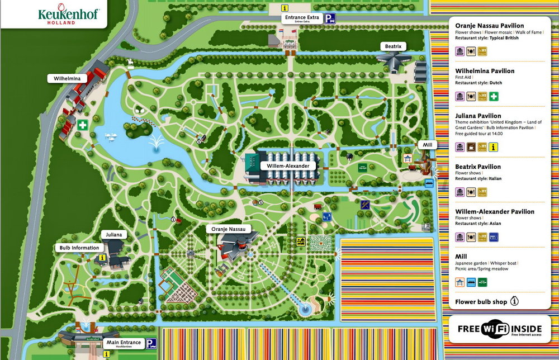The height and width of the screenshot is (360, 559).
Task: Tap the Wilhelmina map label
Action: pyautogui.click(x=67, y=79)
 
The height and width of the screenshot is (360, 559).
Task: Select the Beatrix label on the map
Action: pyautogui.click(x=393, y=46)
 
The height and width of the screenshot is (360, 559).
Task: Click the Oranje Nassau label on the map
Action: pyautogui.click(x=229, y=229)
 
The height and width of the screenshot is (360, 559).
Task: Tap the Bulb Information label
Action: pyautogui.click(x=79, y=248)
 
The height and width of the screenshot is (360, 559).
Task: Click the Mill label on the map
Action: pyautogui.click(x=428, y=145)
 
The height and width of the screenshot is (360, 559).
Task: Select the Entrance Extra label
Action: pyautogui.click(x=301, y=18)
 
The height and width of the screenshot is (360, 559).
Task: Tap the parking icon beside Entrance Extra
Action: pyautogui.click(x=331, y=18)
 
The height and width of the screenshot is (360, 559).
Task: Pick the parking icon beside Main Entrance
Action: pyautogui.click(x=151, y=343)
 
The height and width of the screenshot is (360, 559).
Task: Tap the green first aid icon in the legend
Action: pyautogui.click(x=494, y=96)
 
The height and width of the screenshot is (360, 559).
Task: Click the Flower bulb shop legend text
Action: pyautogui.click(x=481, y=302)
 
